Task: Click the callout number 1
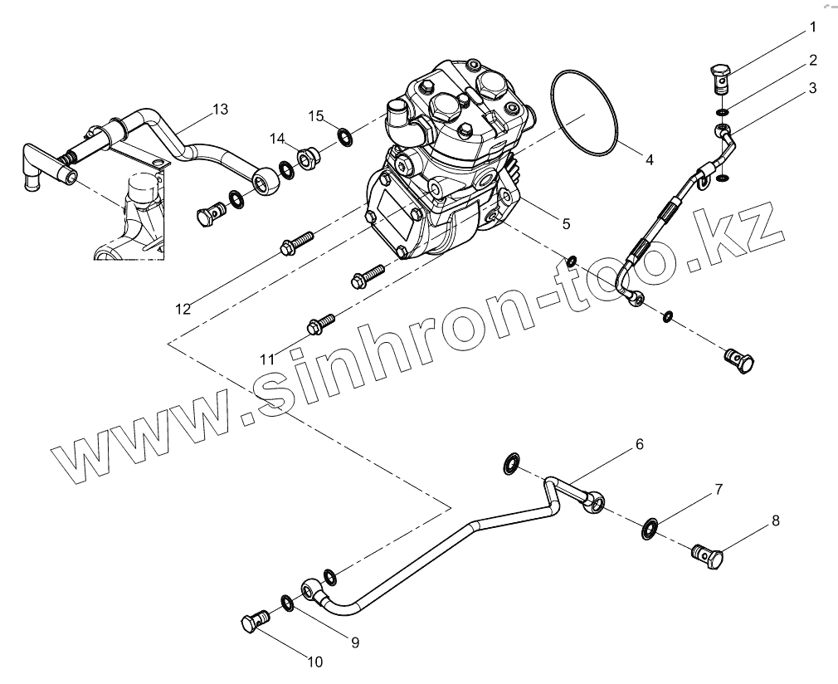813,27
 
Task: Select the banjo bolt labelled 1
721,79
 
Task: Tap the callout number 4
650,160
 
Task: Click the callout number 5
566,223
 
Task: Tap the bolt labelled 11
321,323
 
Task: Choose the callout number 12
183,309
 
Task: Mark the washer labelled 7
650,527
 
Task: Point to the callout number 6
640,444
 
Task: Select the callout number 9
354,642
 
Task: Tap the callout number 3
813,87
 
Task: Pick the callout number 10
314,662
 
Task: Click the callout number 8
776,521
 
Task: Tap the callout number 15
315,115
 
